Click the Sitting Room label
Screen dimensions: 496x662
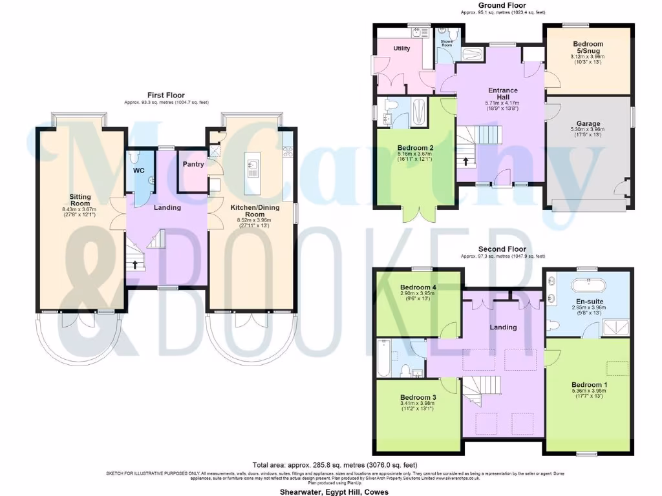pyautogui.click(x=81, y=200)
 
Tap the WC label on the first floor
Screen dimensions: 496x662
pyautogui.click(x=138, y=171)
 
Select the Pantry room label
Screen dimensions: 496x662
pyautogui.click(x=193, y=164)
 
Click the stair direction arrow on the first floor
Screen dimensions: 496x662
pyautogui.click(x=134, y=264)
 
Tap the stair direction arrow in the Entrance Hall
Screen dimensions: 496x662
pyautogui.click(x=466, y=161)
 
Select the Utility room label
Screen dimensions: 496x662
pyautogui.click(x=401, y=48)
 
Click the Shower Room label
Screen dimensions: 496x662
pyautogui.click(x=447, y=43)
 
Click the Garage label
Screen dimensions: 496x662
pyautogui.click(x=588, y=123)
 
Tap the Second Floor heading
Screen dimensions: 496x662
pyautogui.click(x=502, y=249)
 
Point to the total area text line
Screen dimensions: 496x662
pyautogui.click(x=334, y=465)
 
